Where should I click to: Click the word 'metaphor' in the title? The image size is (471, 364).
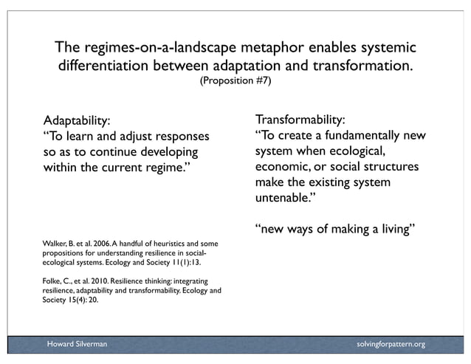click(258, 48)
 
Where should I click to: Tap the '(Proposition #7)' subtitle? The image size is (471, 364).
click(235, 80)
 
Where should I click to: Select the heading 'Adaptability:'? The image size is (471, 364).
click(78, 120)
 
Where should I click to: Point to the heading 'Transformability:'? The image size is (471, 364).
click(300, 120)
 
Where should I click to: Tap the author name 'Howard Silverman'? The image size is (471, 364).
click(77, 344)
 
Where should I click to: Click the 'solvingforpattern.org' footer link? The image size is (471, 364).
click(390, 344)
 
